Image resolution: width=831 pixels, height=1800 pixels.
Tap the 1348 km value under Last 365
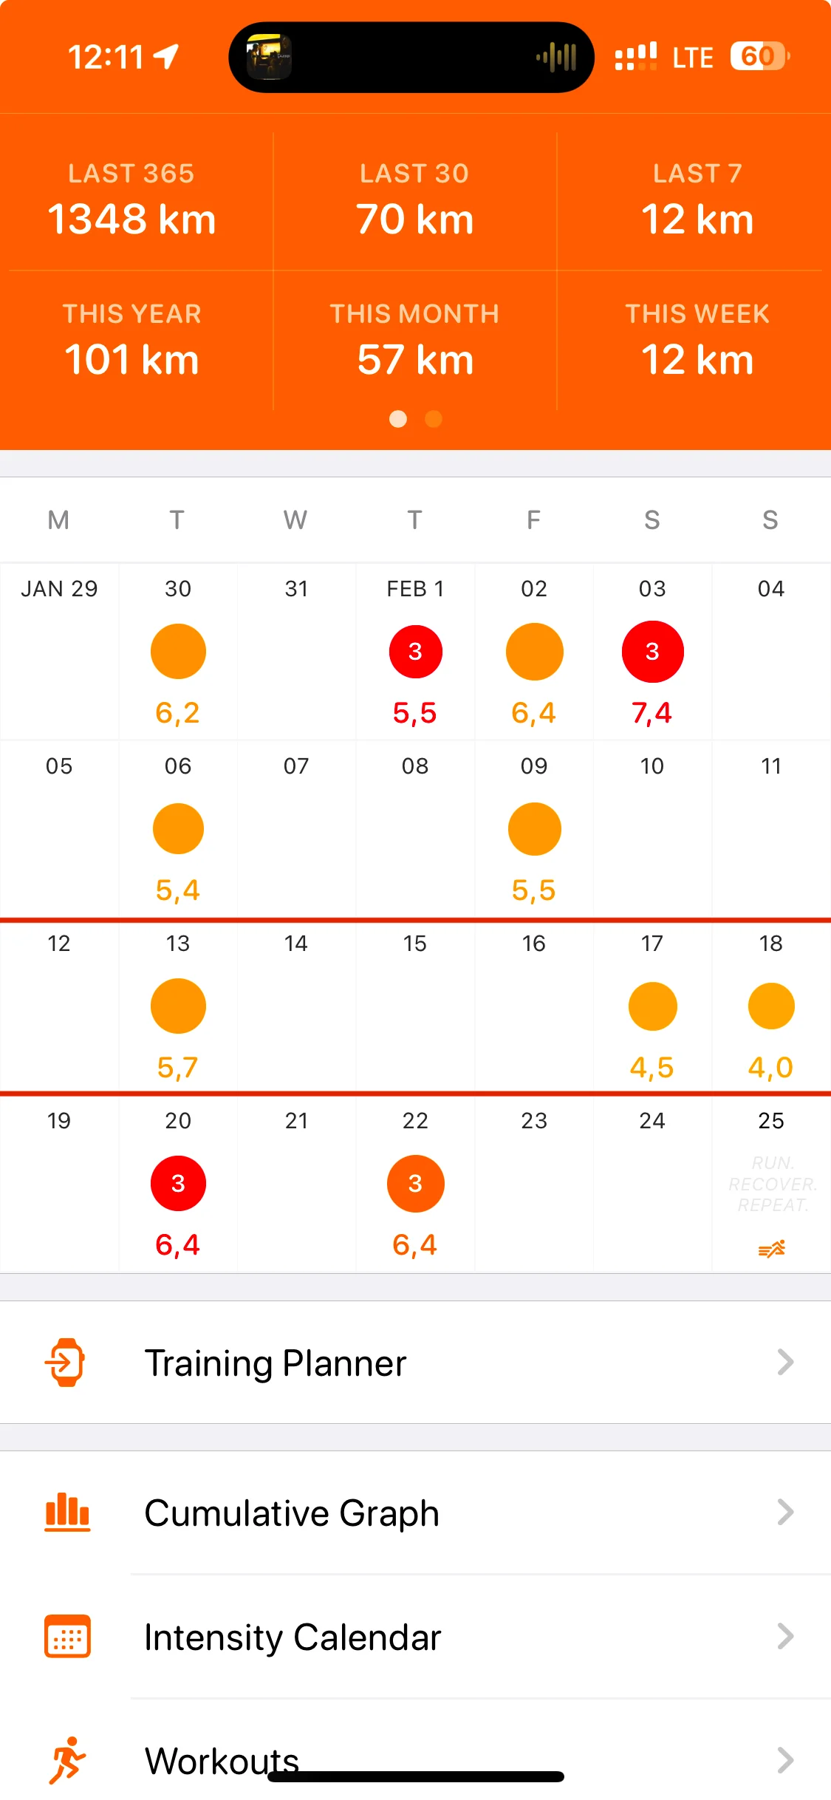pyautogui.click(x=131, y=219)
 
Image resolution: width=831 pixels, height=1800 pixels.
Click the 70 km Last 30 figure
pyautogui.click(x=414, y=219)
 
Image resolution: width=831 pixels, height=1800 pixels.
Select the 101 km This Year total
pyautogui.click(x=131, y=360)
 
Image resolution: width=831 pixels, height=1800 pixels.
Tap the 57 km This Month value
pyautogui.click(x=414, y=360)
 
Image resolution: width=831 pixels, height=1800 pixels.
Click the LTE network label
pyautogui.click(x=692, y=58)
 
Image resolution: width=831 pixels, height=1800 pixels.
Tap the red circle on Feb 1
pyautogui.click(x=415, y=651)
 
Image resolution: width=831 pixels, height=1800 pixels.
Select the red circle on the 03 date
pyautogui.click(x=652, y=651)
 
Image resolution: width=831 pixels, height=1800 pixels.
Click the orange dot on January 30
pyautogui.click(x=178, y=651)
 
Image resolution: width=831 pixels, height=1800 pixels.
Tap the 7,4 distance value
pyautogui.click(x=652, y=713)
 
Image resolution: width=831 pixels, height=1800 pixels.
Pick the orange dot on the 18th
pyautogui.click(x=770, y=1006)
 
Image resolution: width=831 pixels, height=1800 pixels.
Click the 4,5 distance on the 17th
pyautogui.click(x=652, y=1068)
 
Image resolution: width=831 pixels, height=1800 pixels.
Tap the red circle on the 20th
pyautogui.click(x=178, y=1183)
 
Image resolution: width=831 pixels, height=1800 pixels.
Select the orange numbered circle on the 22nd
pyautogui.click(x=415, y=1183)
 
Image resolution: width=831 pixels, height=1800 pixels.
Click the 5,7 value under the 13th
pyautogui.click(x=177, y=1068)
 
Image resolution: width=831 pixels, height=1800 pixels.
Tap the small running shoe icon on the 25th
pyautogui.click(x=771, y=1249)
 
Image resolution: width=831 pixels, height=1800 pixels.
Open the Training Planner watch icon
pyautogui.click(x=66, y=1362)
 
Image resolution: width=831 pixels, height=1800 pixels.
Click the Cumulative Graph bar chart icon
pyautogui.click(x=67, y=1512)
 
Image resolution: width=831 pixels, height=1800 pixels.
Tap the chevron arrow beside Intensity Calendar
pyautogui.click(x=785, y=1636)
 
